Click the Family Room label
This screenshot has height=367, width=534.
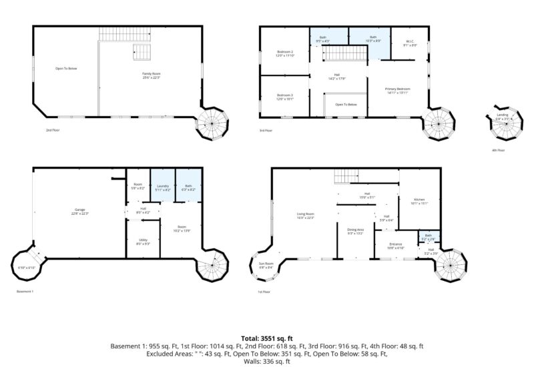click(x=150, y=75)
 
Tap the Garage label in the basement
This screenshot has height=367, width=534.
click(x=79, y=212)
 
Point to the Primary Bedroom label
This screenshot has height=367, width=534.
click(x=398, y=91)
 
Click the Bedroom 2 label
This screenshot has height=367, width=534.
click(x=285, y=53)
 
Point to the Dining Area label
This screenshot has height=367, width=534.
click(x=355, y=231)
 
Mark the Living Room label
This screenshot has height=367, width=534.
click(x=305, y=216)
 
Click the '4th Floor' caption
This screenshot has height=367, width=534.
click(x=498, y=150)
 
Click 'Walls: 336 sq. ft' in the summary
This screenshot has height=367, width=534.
click(x=267, y=362)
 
